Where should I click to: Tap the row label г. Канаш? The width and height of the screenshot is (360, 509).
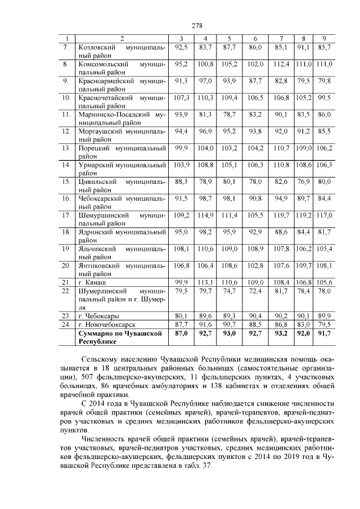[x=93, y=282]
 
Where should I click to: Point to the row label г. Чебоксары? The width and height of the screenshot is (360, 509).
[x=98, y=316]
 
